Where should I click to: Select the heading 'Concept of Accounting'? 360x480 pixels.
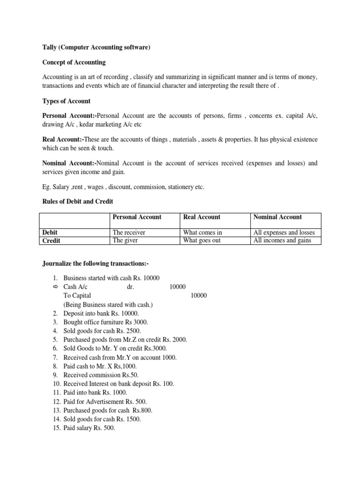pyautogui.click(x=74, y=62)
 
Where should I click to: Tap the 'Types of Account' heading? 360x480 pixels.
pyautogui.click(x=67, y=101)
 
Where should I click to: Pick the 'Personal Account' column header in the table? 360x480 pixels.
pyautogui.click(x=137, y=217)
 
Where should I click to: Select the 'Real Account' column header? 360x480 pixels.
pyautogui.click(x=202, y=217)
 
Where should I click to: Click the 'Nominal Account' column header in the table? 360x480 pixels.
pyautogui.click(x=277, y=217)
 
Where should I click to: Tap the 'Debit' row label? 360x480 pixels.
pyautogui.click(x=50, y=232)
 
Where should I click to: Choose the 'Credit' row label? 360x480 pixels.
pyautogui.click(x=52, y=241)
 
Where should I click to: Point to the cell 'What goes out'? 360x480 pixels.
pyautogui.click(x=202, y=241)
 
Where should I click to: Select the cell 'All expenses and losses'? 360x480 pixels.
pyautogui.click(x=284, y=232)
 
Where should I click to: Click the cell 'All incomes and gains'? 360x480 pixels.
pyautogui.click(x=282, y=241)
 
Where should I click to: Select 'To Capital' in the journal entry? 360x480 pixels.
pyautogui.click(x=77, y=295)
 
